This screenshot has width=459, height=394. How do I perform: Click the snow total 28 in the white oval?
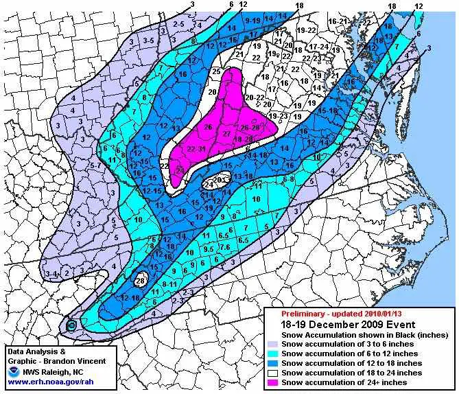(x=140, y=280)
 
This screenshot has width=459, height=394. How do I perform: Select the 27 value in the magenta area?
(x=226, y=135)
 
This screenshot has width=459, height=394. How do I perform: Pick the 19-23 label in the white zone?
(x=278, y=117)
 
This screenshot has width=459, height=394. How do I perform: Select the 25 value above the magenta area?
(x=215, y=71)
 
